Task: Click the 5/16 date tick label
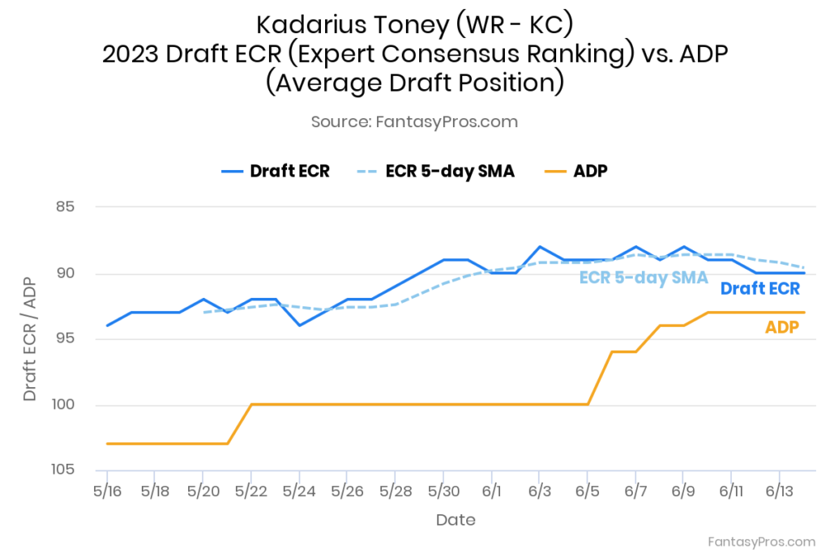[x=107, y=491]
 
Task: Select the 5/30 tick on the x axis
[x=443, y=491]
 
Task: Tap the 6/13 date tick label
[x=779, y=491]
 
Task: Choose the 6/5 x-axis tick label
[x=588, y=491]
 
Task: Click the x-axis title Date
[x=456, y=520]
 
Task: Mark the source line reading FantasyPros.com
[x=414, y=121]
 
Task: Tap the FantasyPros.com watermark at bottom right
[x=761, y=541]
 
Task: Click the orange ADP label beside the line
[x=782, y=327]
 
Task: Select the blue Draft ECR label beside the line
[x=759, y=289]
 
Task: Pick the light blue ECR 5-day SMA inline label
[x=644, y=277]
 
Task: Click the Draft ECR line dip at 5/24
[x=300, y=325]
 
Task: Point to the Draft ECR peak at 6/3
[x=540, y=246]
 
